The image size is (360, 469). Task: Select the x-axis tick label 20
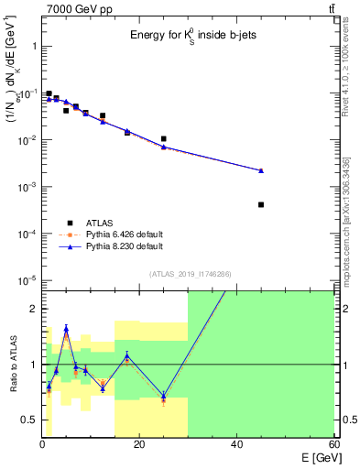[x=139, y=444]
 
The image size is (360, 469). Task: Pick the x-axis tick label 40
[x=236, y=444]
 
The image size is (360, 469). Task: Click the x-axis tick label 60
[x=333, y=444]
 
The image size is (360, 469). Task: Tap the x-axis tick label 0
[x=43, y=444]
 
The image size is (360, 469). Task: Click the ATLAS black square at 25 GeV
[x=164, y=139]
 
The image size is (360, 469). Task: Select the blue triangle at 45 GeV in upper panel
[x=261, y=170]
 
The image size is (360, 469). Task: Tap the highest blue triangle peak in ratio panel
[x=66, y=328]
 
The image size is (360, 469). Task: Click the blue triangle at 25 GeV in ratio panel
[x=164, y=395]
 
